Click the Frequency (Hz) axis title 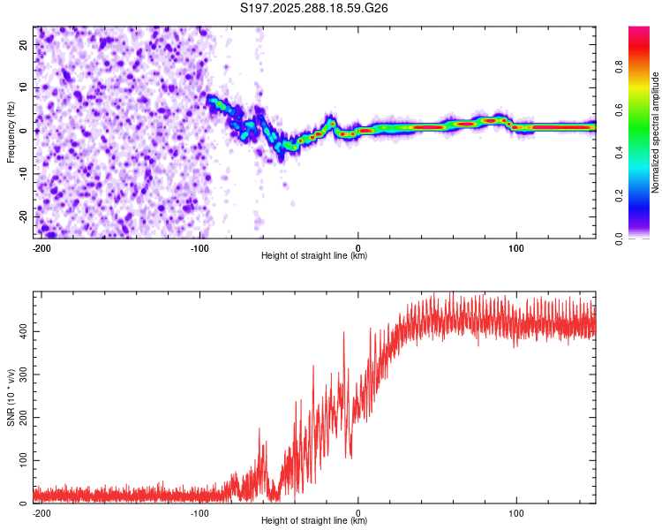11,132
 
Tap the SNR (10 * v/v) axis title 11,397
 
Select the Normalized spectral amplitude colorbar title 656,132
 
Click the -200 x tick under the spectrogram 41,246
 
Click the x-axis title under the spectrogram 314,256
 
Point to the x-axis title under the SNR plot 314,521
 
